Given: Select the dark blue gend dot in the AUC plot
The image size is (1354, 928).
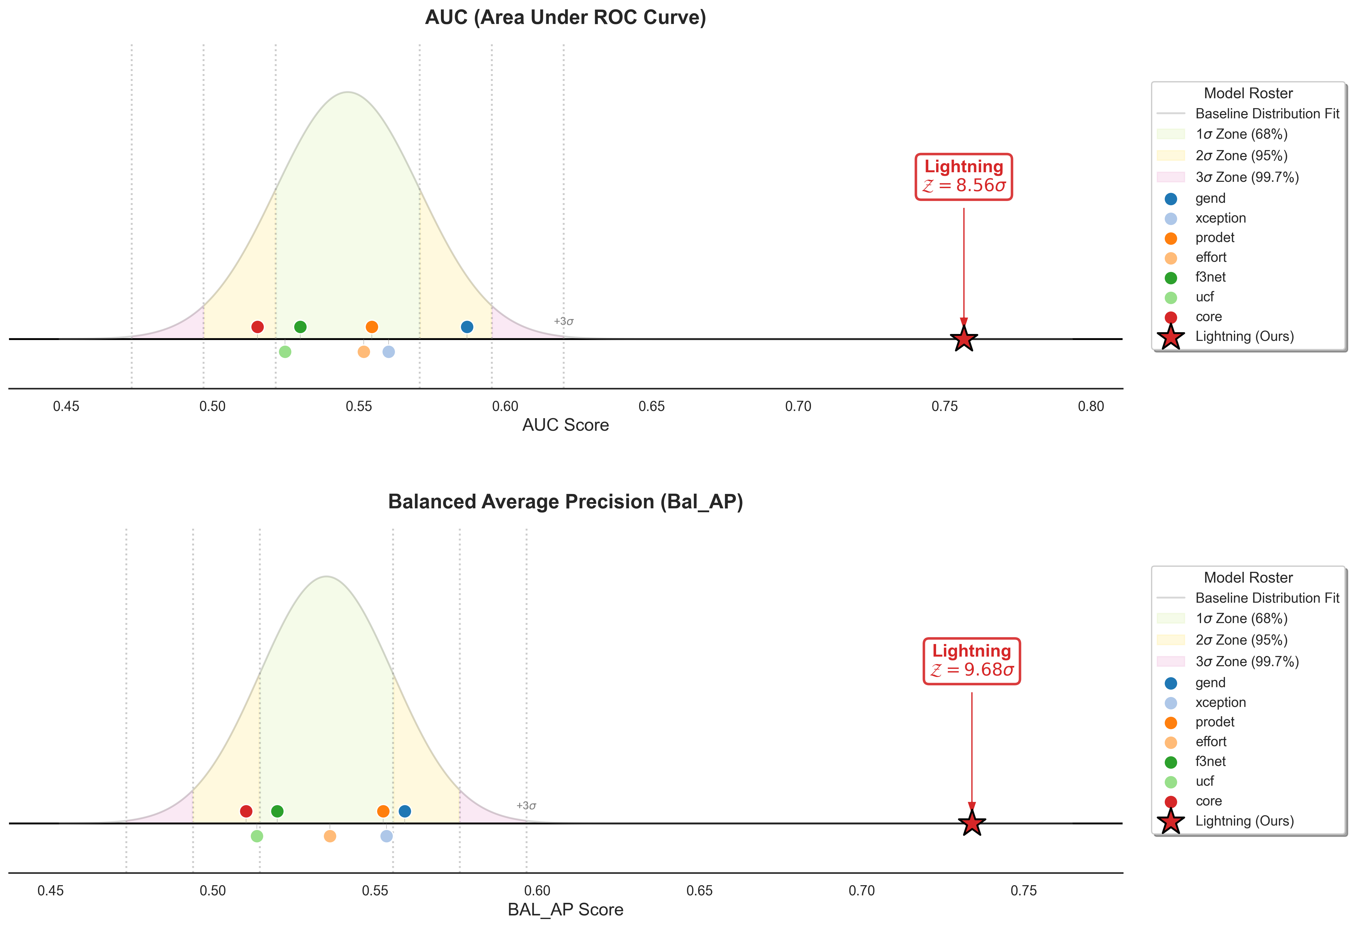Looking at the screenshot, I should [x=467, y=327].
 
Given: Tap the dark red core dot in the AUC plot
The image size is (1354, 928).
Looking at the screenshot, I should [x=257, y=327].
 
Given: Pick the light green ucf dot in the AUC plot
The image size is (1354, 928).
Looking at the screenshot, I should [x=285, y=351].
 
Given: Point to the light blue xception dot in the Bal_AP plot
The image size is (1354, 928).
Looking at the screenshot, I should [x=386, y=836].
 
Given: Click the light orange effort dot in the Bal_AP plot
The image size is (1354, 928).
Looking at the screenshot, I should [x=330, y=836].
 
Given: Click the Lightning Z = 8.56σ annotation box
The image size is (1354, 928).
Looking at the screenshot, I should [x=964, y=177].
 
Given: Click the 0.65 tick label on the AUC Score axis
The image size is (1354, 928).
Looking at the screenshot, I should [x=651, y=406].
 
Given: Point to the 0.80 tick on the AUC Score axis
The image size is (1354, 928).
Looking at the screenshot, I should [x=1091, y=406].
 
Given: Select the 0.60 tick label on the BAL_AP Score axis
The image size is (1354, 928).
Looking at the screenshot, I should [x=537, y=891].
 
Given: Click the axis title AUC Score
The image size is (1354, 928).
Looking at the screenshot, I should [x=565, y=425].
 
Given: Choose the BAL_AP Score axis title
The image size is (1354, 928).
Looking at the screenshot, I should [x=565, y=909].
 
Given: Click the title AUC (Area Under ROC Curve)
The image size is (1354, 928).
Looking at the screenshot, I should [x=565, y=17].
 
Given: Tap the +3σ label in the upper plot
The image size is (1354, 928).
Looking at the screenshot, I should [x=563, y=321].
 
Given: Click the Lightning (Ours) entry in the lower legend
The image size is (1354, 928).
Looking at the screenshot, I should [x=1244, y=821].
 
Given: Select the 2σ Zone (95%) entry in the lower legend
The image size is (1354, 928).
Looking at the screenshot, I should [x=1241, y=640].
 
